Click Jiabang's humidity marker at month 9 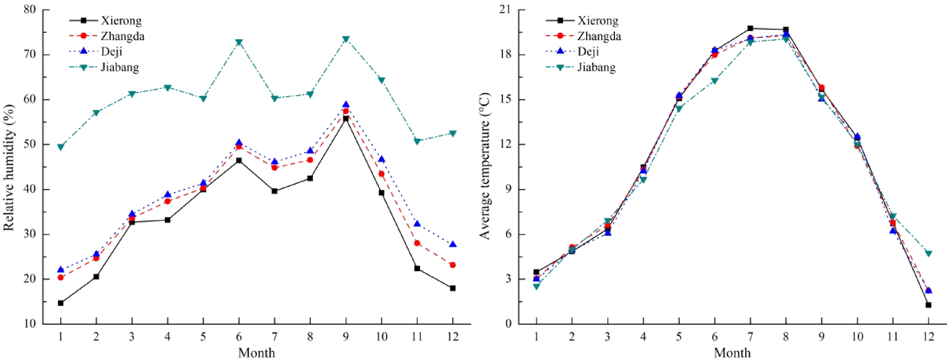click(346, 40)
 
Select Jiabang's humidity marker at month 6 click(239, 43)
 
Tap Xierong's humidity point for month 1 click(61, 303)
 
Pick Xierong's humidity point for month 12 click(453, 288)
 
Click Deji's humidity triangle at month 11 click(417, 224)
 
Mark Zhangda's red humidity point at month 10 click(381, 174)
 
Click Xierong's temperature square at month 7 click(750, 28)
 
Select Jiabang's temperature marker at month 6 click(714, 81)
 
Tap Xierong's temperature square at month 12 click(928, 305)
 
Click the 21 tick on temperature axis click(505, 10)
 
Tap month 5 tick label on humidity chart click(203, 336)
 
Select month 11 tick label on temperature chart click(893, 336)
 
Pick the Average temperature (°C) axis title click(485, 166)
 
